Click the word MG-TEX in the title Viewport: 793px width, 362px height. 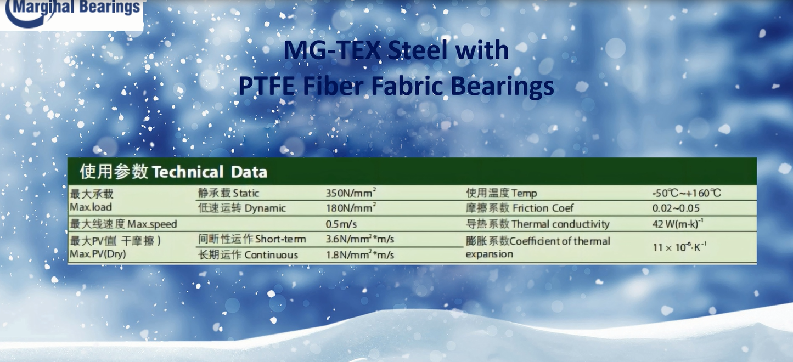tap(331, 50)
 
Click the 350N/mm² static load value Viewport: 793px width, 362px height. tap(351, 193)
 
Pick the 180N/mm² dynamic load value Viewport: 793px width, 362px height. tap(351, 208)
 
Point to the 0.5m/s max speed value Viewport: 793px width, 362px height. tap(341, 224)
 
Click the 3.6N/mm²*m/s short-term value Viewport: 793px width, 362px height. tap(359, 239)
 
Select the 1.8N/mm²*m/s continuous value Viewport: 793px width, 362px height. tap(359, 255)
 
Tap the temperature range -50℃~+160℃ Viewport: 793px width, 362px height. tap(687, 193)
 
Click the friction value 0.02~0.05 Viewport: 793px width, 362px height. tap(676, 208)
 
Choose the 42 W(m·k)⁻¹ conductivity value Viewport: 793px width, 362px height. tap(678, 224)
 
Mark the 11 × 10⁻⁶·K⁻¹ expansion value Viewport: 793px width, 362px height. tap(679, 247)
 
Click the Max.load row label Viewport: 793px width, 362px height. tap(91, 207)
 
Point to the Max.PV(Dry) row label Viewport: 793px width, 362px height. tap(98, 254)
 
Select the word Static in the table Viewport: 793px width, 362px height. tap(246, 193)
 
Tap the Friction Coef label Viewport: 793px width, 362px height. tap(543, 208)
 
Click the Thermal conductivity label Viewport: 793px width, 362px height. tap(560, 224)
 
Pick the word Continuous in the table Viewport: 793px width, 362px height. tap(271, 255)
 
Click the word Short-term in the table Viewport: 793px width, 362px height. tap(280, 239)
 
